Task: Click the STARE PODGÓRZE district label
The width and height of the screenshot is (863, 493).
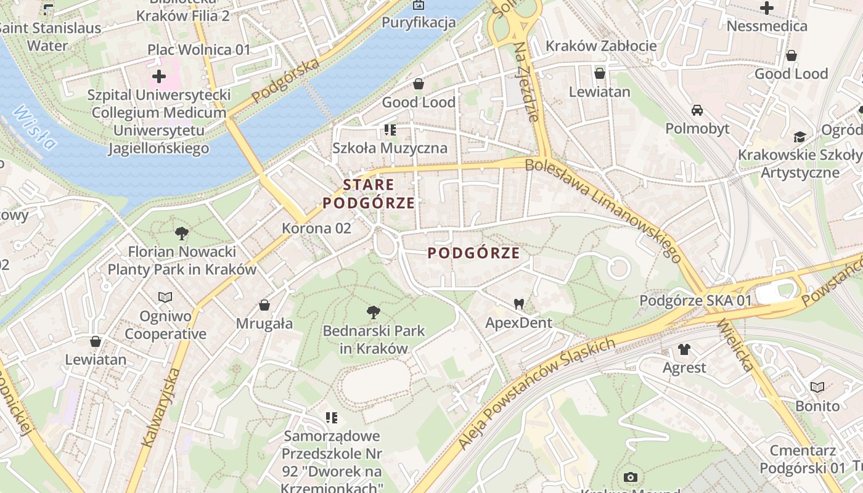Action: tap(368, 194)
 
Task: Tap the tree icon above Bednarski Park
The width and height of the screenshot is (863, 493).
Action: tap(373, 312)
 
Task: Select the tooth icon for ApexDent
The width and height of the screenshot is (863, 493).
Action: tap(519, 304)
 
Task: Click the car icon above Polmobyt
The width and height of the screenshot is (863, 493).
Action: tap(697, 110)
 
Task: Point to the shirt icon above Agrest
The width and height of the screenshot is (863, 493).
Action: tap(684, 349)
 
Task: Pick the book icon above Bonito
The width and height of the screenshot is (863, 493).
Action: tap(817, 387)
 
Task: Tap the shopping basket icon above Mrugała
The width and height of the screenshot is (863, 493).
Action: tap(264, 305)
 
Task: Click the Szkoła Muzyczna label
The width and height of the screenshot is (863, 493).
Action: tap(390, 148)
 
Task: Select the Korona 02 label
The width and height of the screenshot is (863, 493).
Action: tap(316, 228)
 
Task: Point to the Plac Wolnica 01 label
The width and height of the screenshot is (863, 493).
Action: tap(198, 49)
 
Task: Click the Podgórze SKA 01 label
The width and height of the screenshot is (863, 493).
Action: tap(696, 301)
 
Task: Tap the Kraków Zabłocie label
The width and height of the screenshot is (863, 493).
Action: tap(601, 46)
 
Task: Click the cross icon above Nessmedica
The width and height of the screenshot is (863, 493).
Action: tap(767, 8)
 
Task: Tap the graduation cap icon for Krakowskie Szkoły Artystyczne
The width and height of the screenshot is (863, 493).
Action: tap(800, 137)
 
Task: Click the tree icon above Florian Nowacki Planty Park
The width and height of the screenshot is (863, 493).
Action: tap(181, 234)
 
